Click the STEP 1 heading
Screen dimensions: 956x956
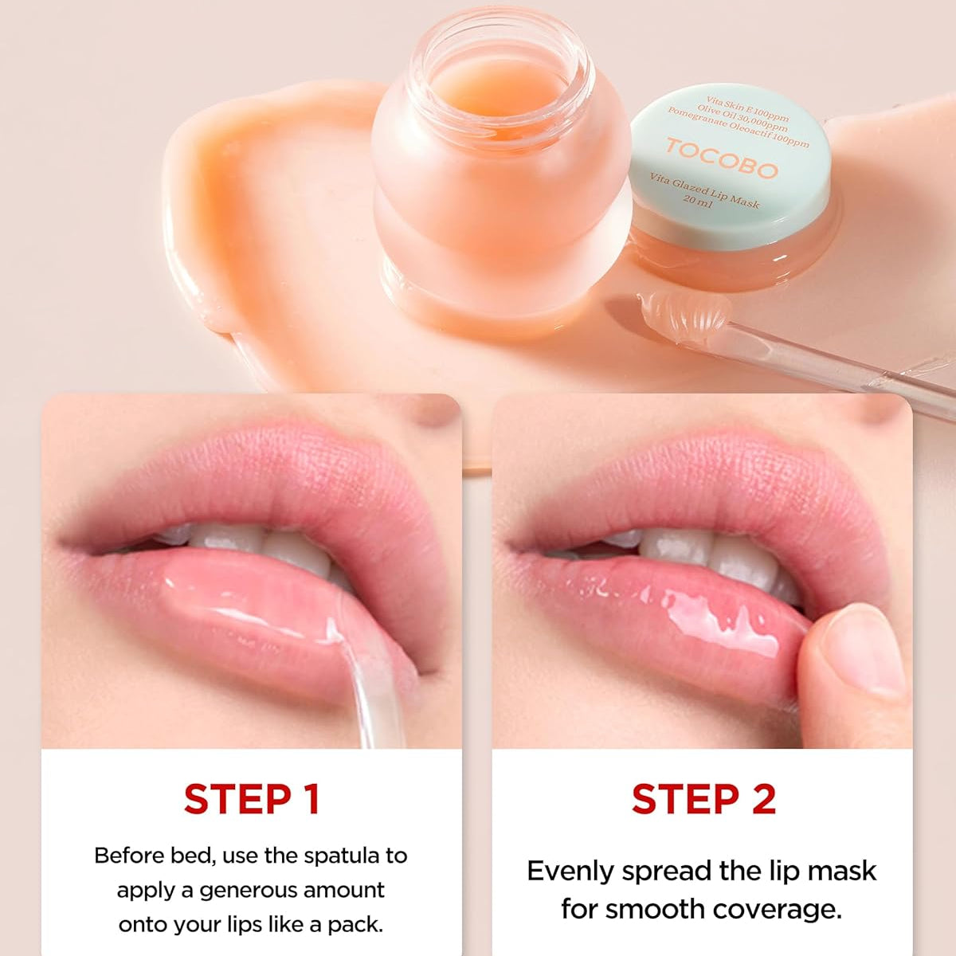[251, 799]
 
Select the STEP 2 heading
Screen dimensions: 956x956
[703, 799]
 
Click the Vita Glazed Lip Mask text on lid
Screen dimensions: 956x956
[704, 190]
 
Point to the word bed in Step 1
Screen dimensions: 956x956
[197, 856]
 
